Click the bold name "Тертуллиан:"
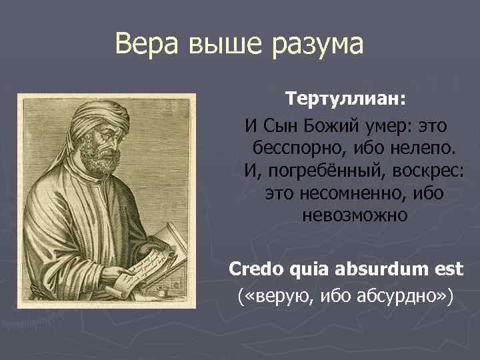coord(345,99)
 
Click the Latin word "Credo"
coord(256,269)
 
